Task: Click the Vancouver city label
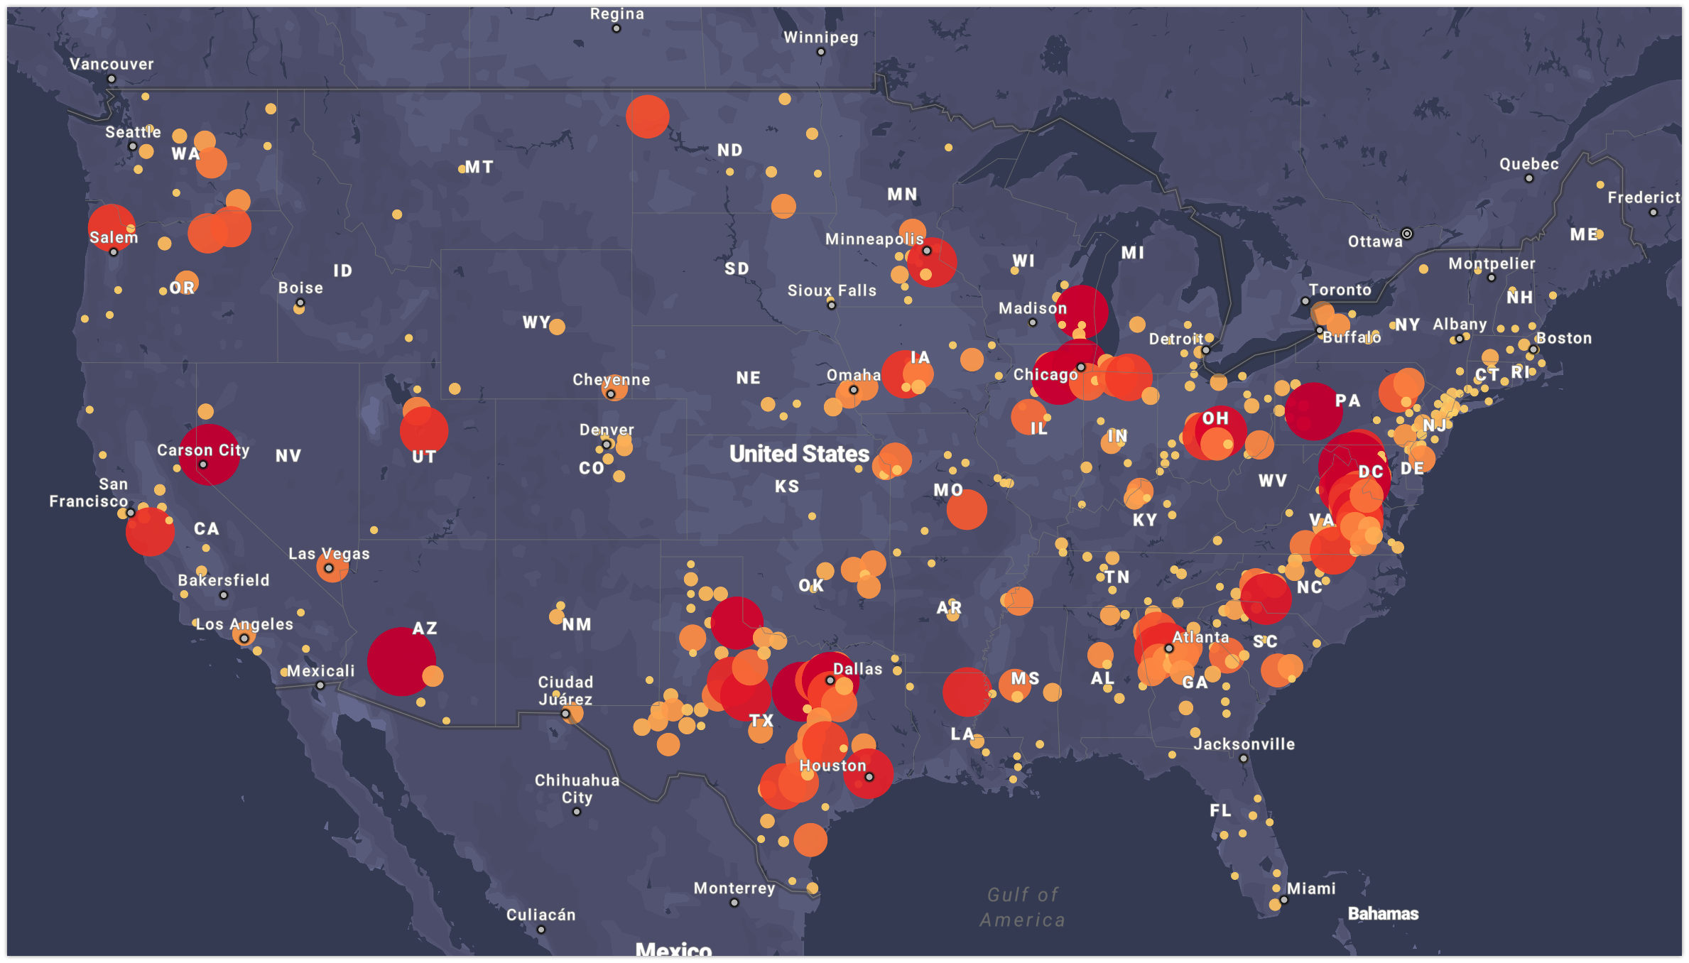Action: click(x=112, y=64)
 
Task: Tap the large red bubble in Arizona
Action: click(x=401, y=661)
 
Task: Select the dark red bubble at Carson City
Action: click(x=208, y=455)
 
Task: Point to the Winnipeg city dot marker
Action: click(x=821, y=52)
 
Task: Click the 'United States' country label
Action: click(x=799, y=454)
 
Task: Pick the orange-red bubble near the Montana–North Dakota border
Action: click(x=647, y=116)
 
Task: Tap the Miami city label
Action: click(x=1311, y=888)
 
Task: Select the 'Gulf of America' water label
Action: click(x=1023, y=907)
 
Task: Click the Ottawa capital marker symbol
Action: click(x=1406, y=234)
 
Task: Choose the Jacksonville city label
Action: click(x=1244, y=744)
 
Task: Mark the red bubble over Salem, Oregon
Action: click(x=111, y=227)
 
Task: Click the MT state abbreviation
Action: click(x=479, y=167)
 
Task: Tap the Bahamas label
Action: click(x=1383, y=914)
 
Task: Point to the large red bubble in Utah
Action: click(x=424, y=430)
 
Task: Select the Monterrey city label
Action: click(x=734, y=888)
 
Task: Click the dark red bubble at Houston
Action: click(x=868, y=773)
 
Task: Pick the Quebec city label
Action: click(x=1528, y=164)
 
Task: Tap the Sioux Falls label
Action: click(x=832, y=290)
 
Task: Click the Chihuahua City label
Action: click(x=577, y=788)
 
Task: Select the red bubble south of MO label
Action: click(x=966, y=509)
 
